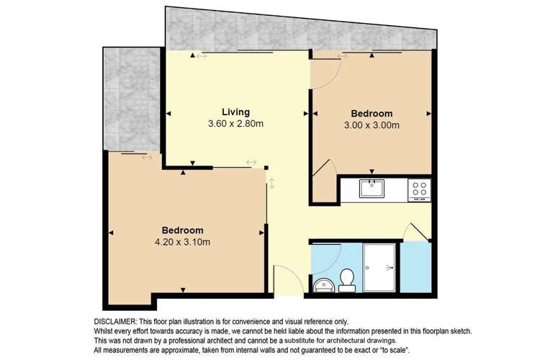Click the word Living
point(235,112)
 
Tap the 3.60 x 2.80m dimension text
point(235,124)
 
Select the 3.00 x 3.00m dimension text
point(372,126)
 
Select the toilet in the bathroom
point(347,279)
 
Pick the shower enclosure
point(380,267)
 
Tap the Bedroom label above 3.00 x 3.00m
point(372,114)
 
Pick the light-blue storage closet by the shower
point(415,268)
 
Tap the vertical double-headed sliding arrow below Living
point(271,183)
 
